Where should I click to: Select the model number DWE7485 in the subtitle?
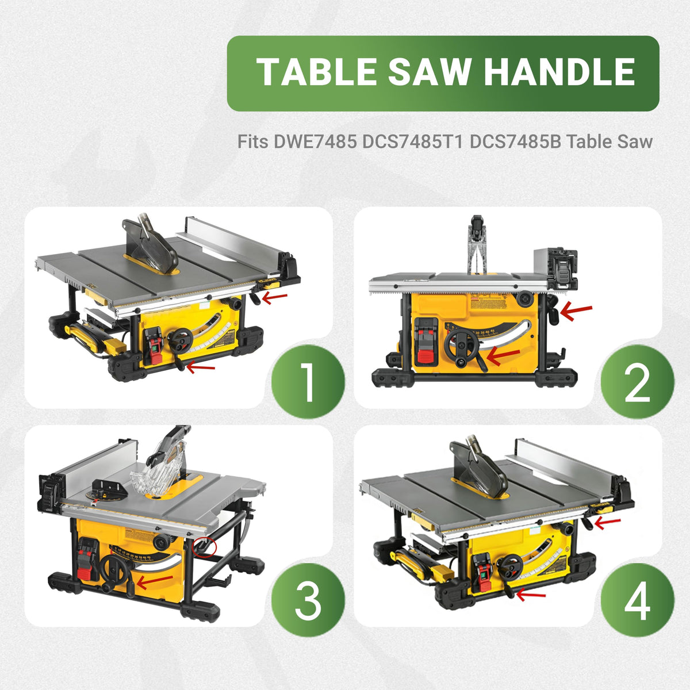point(315,141)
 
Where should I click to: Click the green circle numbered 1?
point(308,381)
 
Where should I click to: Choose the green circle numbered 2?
point(637,381)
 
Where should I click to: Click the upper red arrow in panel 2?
point(576,312)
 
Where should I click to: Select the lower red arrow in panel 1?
point(201,367)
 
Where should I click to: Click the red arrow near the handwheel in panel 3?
point(155,581)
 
